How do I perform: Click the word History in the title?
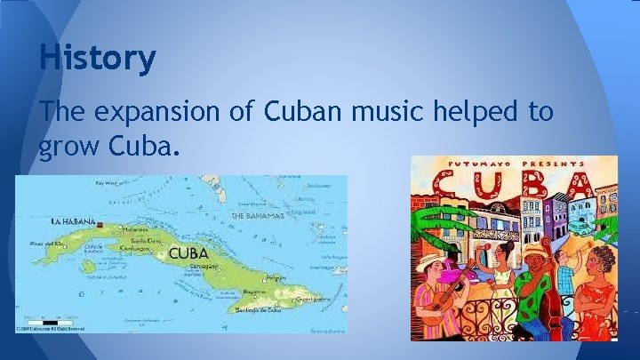(98, 59)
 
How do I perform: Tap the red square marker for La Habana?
(100, 224)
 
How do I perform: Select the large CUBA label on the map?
(188, 252)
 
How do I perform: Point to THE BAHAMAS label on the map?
(257, 216)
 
